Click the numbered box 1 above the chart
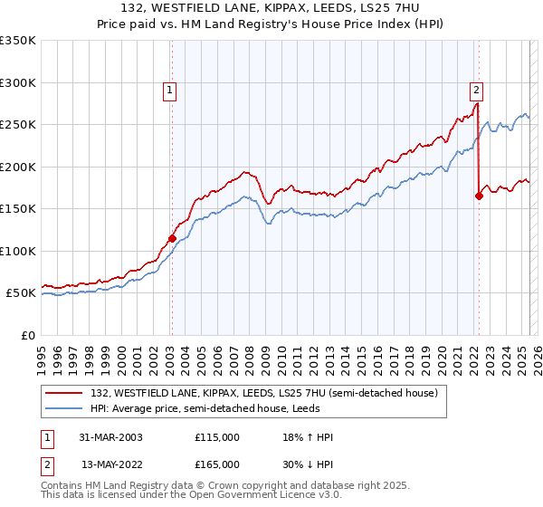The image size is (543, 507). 170,89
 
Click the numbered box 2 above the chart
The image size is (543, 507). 476,89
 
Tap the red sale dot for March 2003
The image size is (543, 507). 172,238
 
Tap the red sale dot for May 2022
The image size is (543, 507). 479,196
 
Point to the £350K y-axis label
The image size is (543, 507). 18,41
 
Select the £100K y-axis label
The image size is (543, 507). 18,251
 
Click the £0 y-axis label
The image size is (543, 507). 27,335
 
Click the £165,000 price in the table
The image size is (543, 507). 217,464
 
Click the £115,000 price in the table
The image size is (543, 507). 217,437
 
